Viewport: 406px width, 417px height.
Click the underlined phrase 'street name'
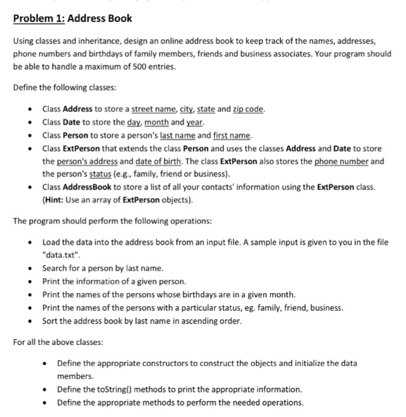coord(153,109)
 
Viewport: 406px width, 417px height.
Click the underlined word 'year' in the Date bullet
coord(196,122)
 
